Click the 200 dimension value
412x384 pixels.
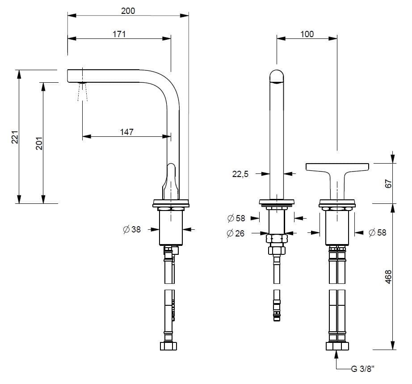point(128,11)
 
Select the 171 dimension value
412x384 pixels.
point(119,34)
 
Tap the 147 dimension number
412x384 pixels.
point(126,132)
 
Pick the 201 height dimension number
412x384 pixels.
point(39,143)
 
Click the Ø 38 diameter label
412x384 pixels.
point(131,229)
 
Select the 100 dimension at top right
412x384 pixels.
point(307,34)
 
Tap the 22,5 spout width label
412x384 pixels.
point(240,175)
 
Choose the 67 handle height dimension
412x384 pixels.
point(388,183)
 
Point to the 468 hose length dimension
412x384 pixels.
point(388,278)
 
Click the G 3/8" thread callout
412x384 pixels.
point(362,369)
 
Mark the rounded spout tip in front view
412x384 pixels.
point(277,76)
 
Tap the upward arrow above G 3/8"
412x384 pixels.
point(336,355)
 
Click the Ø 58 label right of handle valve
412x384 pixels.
point(377,232)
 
